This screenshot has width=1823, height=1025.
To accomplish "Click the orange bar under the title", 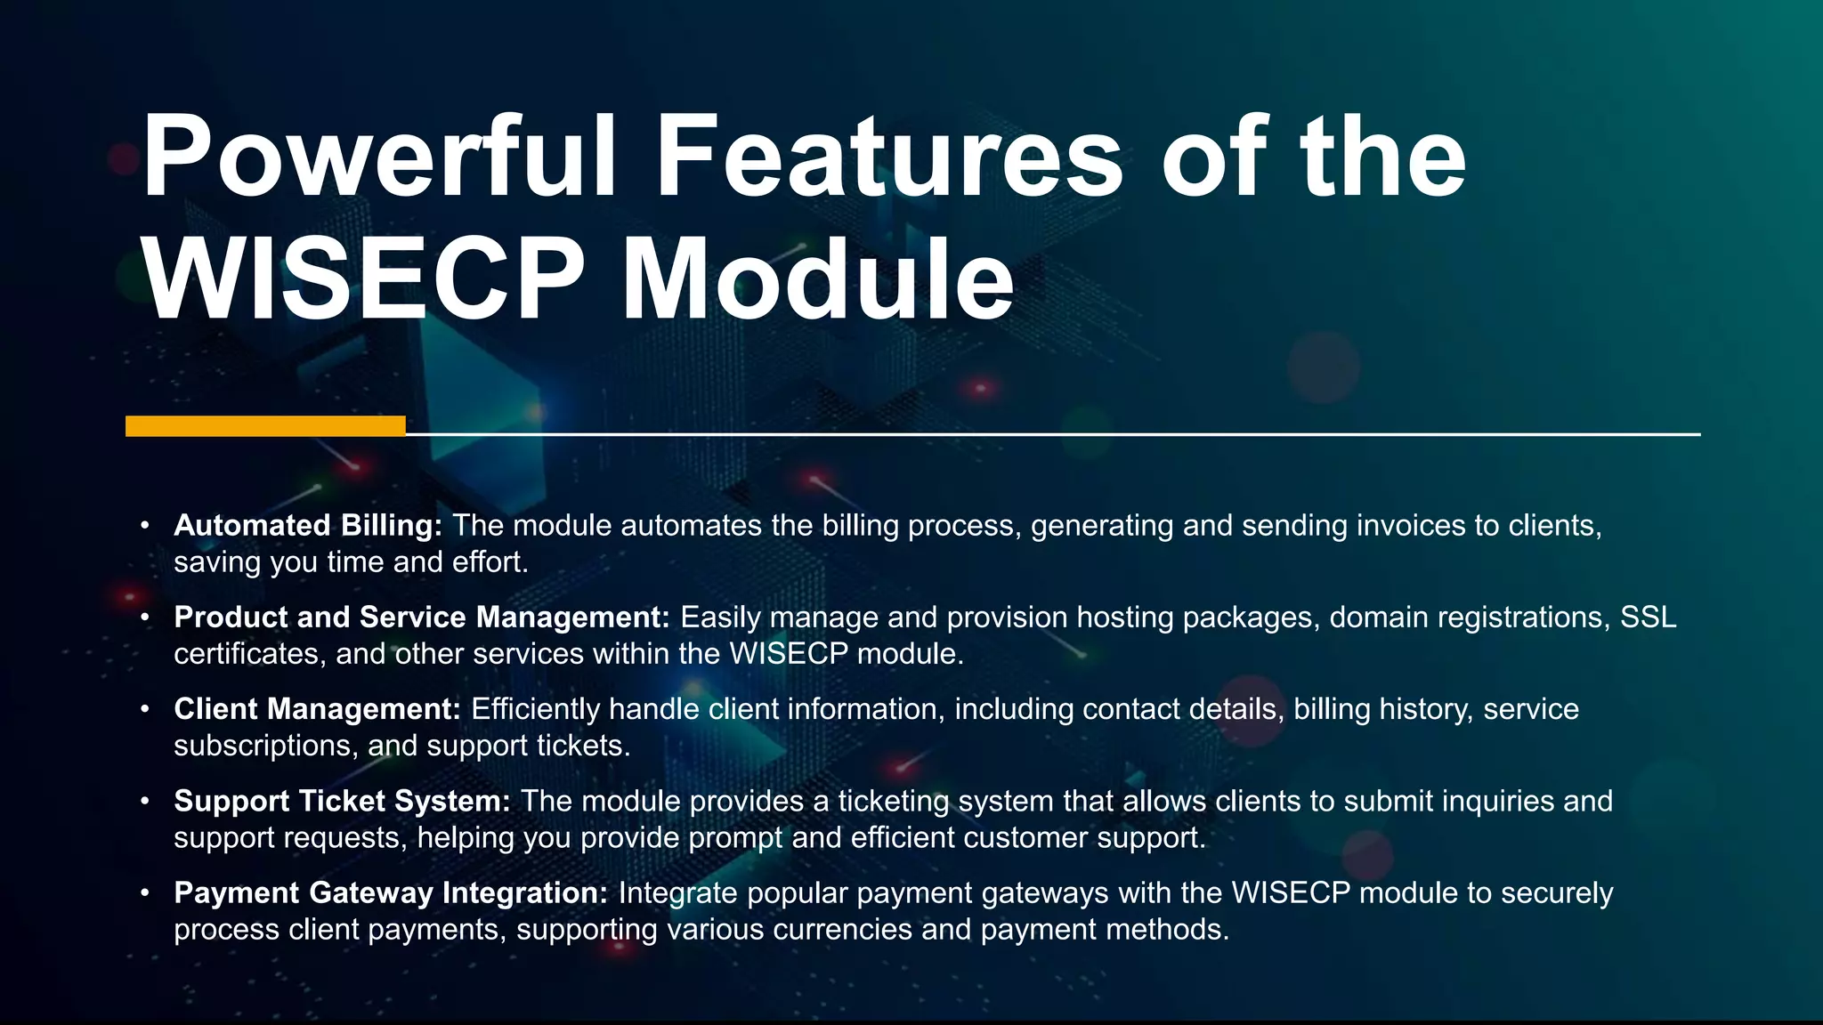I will click(265, 426).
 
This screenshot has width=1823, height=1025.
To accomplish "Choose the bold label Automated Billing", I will click(307, 526).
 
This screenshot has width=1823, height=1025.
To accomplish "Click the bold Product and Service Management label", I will click(421, 617).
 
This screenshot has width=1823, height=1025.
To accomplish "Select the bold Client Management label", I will click(317, 709).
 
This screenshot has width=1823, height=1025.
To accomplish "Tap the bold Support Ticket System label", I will click(342, 801).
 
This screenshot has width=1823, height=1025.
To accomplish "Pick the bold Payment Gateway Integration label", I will click(391, 892).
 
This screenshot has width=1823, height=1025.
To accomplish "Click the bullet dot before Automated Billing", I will click(144, 526).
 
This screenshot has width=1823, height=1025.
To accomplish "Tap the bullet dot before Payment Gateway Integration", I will click(144, 892).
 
